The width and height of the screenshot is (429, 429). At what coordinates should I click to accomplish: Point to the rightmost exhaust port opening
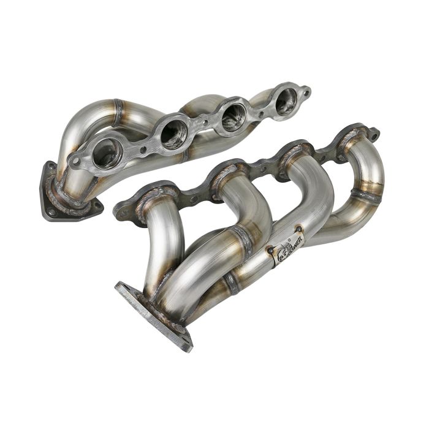[286, 101]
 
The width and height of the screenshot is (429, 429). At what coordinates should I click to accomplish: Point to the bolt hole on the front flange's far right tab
[371, 133]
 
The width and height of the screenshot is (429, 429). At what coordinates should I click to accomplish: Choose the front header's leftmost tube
[161, 245]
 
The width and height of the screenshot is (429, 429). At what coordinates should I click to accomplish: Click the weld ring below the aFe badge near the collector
[231, 283]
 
